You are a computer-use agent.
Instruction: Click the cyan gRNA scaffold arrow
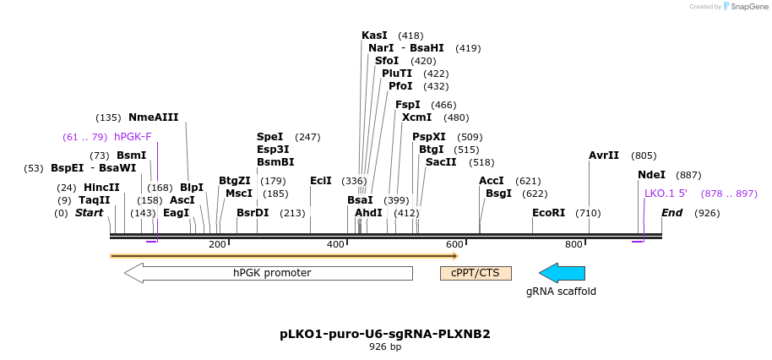[562, 273]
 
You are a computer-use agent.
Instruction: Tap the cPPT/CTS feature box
[476, 273]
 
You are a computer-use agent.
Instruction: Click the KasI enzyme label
[374, 35]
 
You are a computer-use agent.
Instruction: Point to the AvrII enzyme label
[604, 155]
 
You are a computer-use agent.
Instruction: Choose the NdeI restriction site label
[651, 175]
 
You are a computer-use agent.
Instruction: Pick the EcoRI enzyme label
[548, 213]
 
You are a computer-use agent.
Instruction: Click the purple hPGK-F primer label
[133, 137]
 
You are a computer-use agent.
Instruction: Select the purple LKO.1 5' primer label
[666, 194]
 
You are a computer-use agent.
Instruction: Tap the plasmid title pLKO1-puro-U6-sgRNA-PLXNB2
[385, 334]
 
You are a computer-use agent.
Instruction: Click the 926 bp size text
[385, 346]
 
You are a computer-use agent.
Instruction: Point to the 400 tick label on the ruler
[336, 244]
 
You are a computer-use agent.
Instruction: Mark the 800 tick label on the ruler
[574, 244]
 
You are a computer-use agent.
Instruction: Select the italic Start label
[89, 213]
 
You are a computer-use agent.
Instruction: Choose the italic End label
[672, 213]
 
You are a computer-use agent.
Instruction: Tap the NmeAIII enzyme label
[153, 117]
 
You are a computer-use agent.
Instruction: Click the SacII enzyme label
[441, 161]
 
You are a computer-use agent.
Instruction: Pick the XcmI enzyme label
[416, 117]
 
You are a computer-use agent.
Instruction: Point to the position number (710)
[588, 213]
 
